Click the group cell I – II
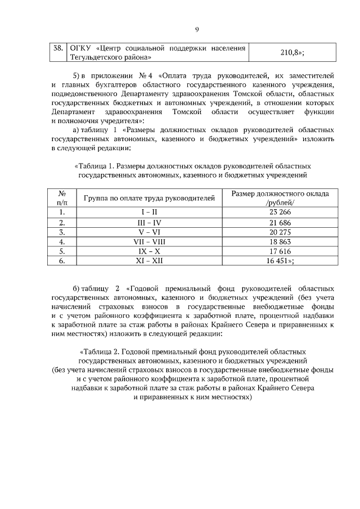point(150,212)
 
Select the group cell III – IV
point(150,222)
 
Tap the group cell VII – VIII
point(150,241)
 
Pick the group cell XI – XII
point(150,260)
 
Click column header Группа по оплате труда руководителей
point(150,198)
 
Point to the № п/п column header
point(62,198)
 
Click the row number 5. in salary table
point(62,251)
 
